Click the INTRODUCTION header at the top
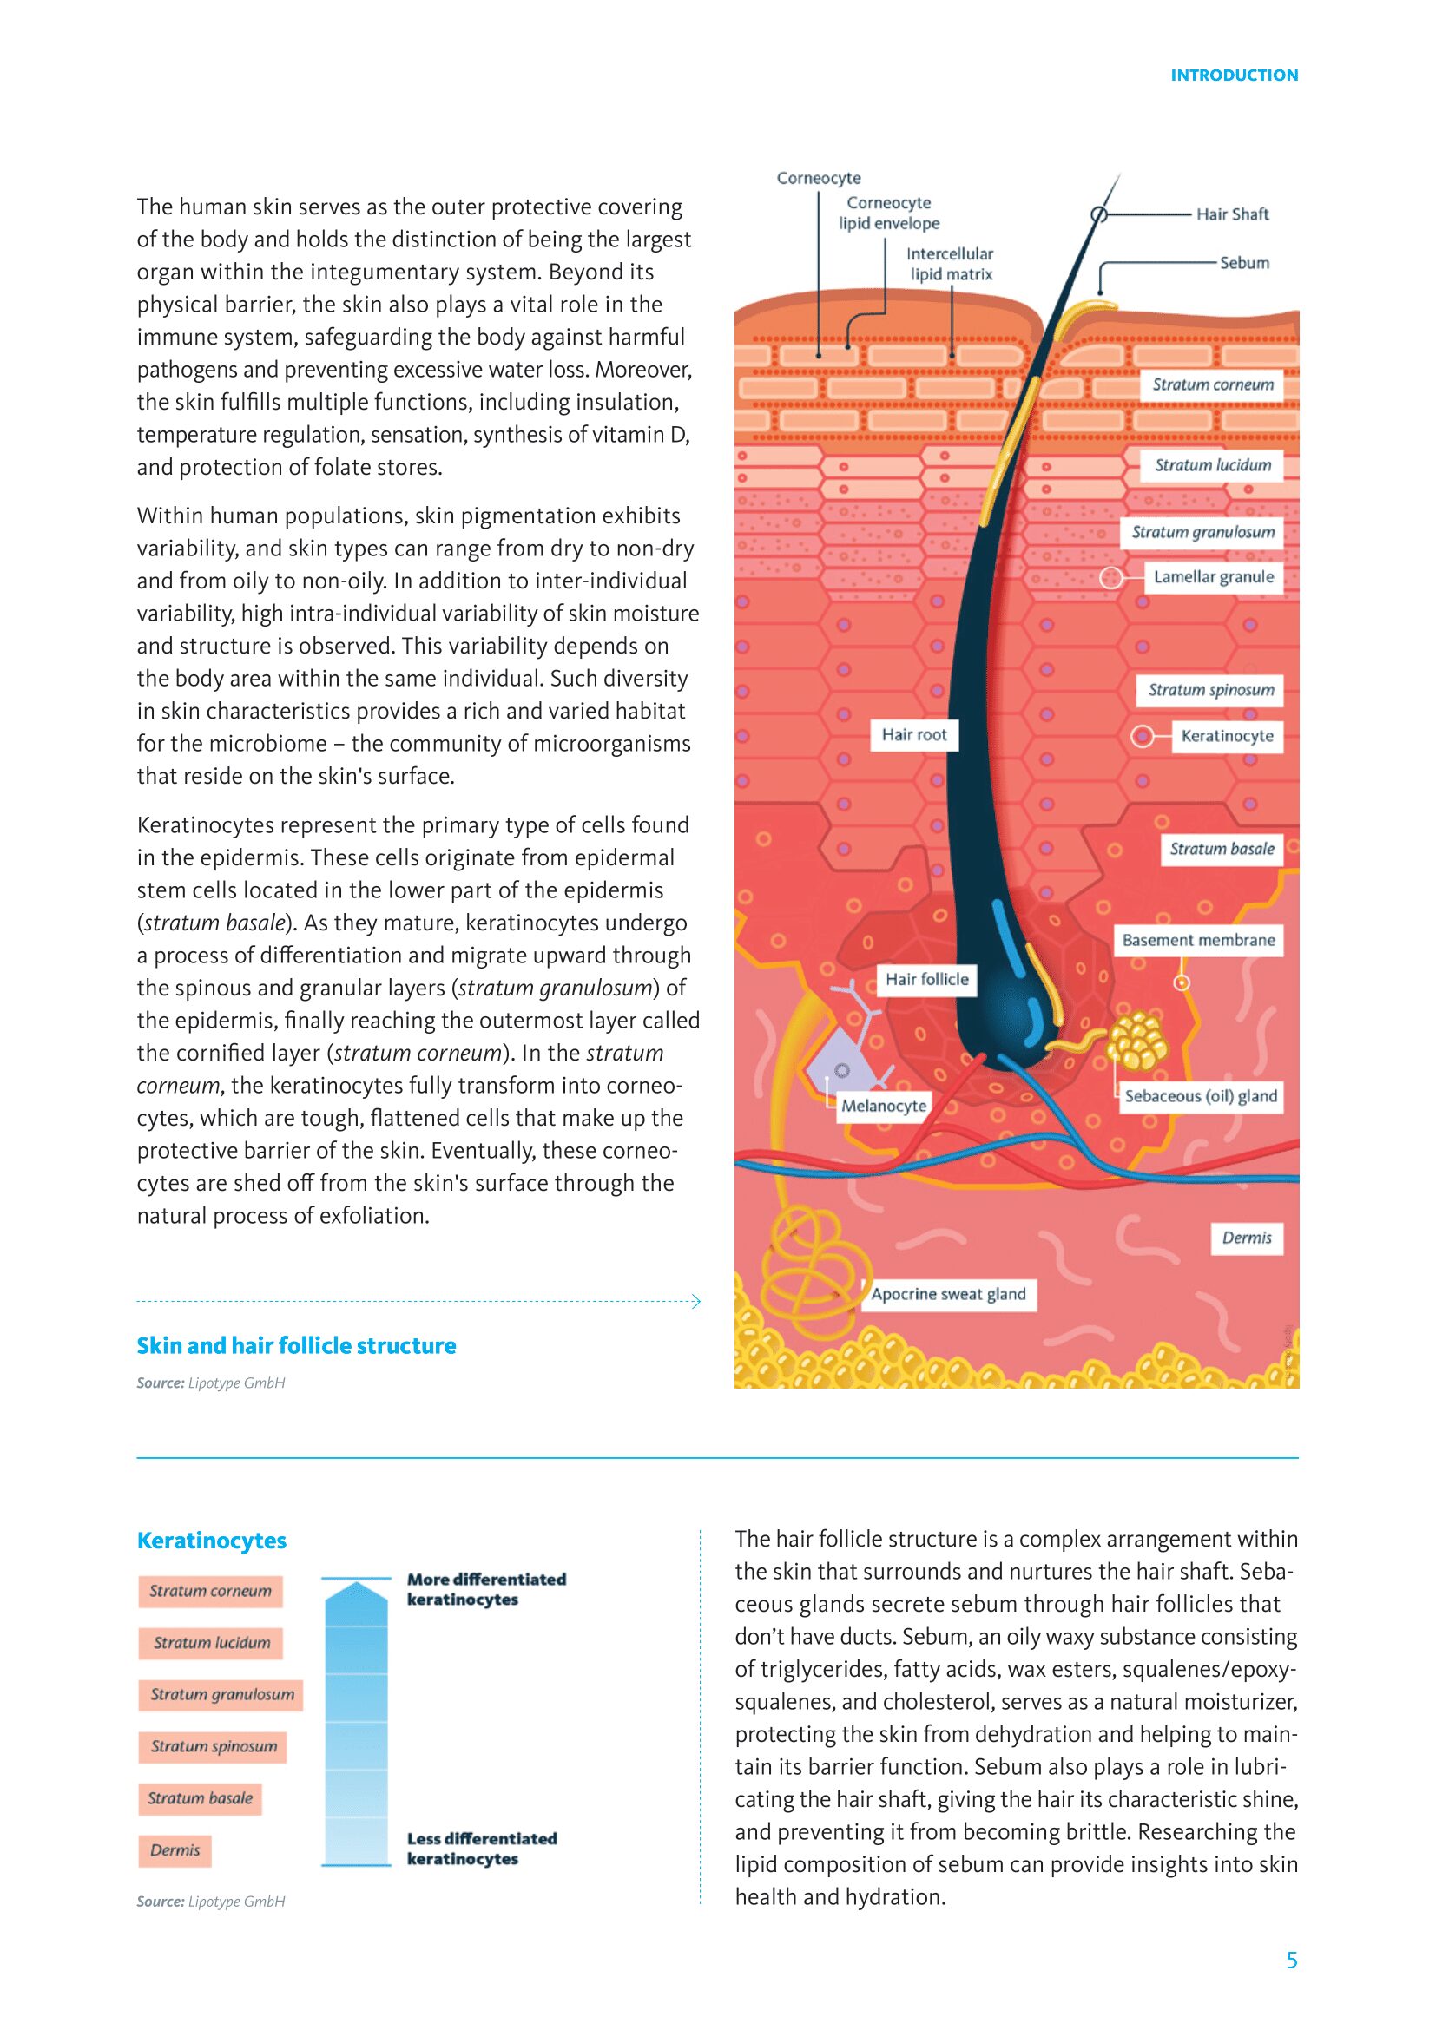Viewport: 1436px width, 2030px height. [1234, 76]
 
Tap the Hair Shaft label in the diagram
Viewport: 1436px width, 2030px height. [1232, 214]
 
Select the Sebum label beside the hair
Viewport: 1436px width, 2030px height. [1244, 263]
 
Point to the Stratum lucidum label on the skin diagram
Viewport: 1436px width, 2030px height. [1212, 465]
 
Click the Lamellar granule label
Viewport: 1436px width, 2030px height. [1213, 577]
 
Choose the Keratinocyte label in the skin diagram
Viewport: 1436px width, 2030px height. [1227, 736]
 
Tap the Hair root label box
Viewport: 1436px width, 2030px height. [913, 735]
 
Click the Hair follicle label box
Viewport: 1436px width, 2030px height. [926, 979]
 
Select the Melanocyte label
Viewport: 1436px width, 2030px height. [883, 1105]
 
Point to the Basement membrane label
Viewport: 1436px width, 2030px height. [1198, 940]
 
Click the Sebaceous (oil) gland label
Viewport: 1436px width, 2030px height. [1200, 1096]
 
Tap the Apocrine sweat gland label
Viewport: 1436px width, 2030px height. [948, 1294]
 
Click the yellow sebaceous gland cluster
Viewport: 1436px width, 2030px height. [1136, 1041]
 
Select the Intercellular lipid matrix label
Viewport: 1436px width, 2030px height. [951, 264]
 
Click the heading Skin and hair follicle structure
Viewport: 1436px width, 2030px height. [296, 1346]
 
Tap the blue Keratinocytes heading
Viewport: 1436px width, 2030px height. [211, 1541]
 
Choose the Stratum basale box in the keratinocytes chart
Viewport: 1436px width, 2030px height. [200, 1798]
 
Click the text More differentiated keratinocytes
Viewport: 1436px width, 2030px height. [485, 1589]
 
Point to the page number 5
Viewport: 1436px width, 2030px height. [1292, 1961]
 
